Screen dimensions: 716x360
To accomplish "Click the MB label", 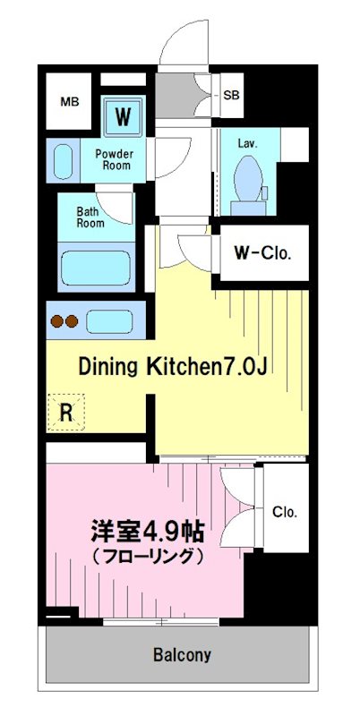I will pyautogui.click(x=70, y=102).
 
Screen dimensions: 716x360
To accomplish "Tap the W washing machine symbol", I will pyautogui.click(x=124, y=115).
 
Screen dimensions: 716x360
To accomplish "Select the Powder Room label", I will pyautogui.click(x=115, y=159).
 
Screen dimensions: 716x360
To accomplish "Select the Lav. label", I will pyautogui.click(x=248, y=142).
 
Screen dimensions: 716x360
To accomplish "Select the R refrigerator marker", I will pyautogui.click(x=65, y=412).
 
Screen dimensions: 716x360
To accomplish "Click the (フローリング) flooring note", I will pyautogui.click(x=146, y=557).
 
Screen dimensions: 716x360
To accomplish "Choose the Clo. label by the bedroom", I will pyautogui.click(x=285, y=512).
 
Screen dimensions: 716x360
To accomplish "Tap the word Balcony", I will pyautogui.click(x=182, y=655).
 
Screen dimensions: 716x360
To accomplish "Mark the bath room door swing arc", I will pyautogui.click(x=115, y=210).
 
